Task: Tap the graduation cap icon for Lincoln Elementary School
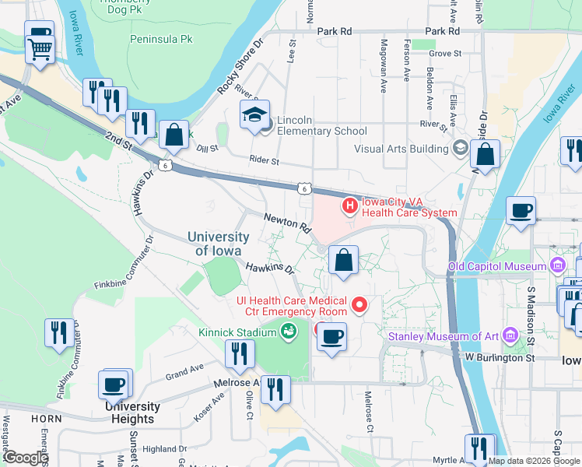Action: coord(254,116)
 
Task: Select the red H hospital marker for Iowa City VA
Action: coord(350,206)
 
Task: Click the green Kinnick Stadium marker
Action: coord(289,332)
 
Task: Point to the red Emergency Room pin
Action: coord(359,304)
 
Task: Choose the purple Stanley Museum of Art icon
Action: coord(510,335)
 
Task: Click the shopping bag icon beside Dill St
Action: coord(174,135)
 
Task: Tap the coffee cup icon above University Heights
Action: coord(114,385)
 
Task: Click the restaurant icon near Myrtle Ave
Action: coord(480,449)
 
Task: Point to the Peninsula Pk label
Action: coord(161,37)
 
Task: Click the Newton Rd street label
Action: coord(287,222)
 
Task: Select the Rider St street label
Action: coord(265,160)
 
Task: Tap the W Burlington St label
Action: coord(501,358)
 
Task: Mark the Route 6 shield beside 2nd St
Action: coord(164,164)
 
